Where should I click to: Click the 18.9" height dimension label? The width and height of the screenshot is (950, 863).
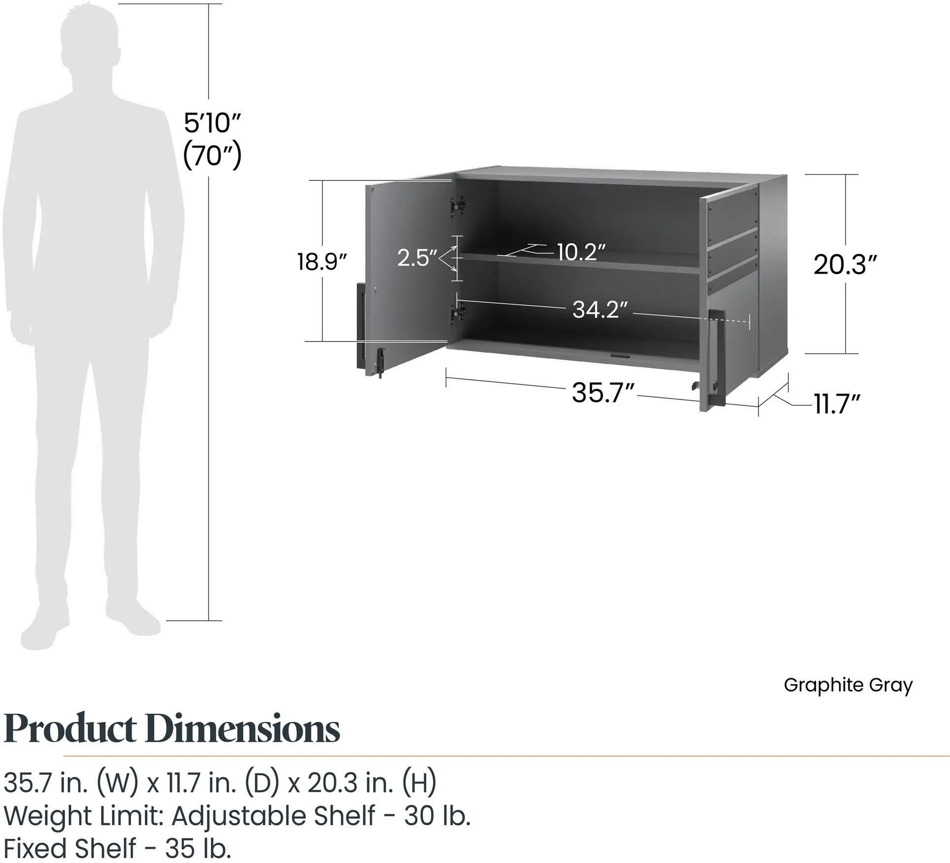pos(323,261)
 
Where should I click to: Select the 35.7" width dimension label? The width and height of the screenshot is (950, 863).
pos(602,394)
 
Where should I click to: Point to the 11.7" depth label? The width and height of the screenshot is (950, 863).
pos(838,404)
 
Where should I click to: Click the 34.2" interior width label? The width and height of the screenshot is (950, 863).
pos(600,310)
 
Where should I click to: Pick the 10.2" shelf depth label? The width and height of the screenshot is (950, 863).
pos(581,252)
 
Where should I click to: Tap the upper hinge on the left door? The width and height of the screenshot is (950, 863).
pos(459,205)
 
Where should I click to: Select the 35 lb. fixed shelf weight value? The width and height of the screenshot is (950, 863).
pos(197,849)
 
